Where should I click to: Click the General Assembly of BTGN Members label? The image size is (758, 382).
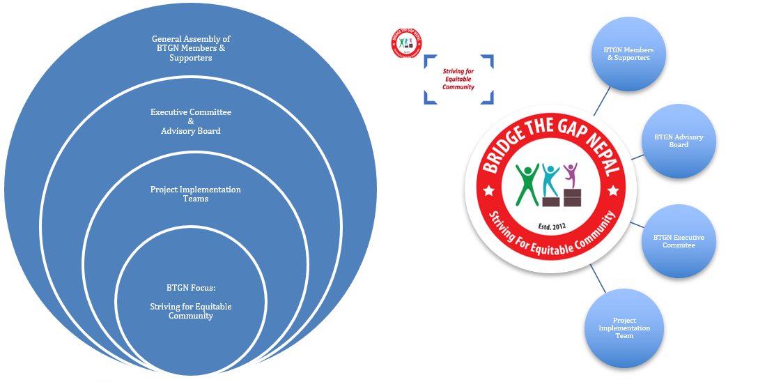[x=191, y=49]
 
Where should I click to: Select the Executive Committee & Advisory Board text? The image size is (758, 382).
[x=191, y=121]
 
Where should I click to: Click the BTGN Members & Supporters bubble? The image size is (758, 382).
[x=628, y=54]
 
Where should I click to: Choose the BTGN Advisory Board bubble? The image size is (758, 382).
[x=679, y=141]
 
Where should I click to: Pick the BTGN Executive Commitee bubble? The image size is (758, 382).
[x=679, y=241]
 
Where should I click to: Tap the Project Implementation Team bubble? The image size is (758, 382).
[x=624, y=328]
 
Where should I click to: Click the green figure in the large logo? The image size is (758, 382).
[x=527, y=183]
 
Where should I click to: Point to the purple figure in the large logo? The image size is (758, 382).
[x=571, y=174]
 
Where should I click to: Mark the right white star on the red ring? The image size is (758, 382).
[x=613, y=189]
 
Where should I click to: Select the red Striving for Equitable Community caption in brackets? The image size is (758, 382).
[x=458, y=79]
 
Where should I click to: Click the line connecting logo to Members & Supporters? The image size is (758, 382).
[x=603, y=100]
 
